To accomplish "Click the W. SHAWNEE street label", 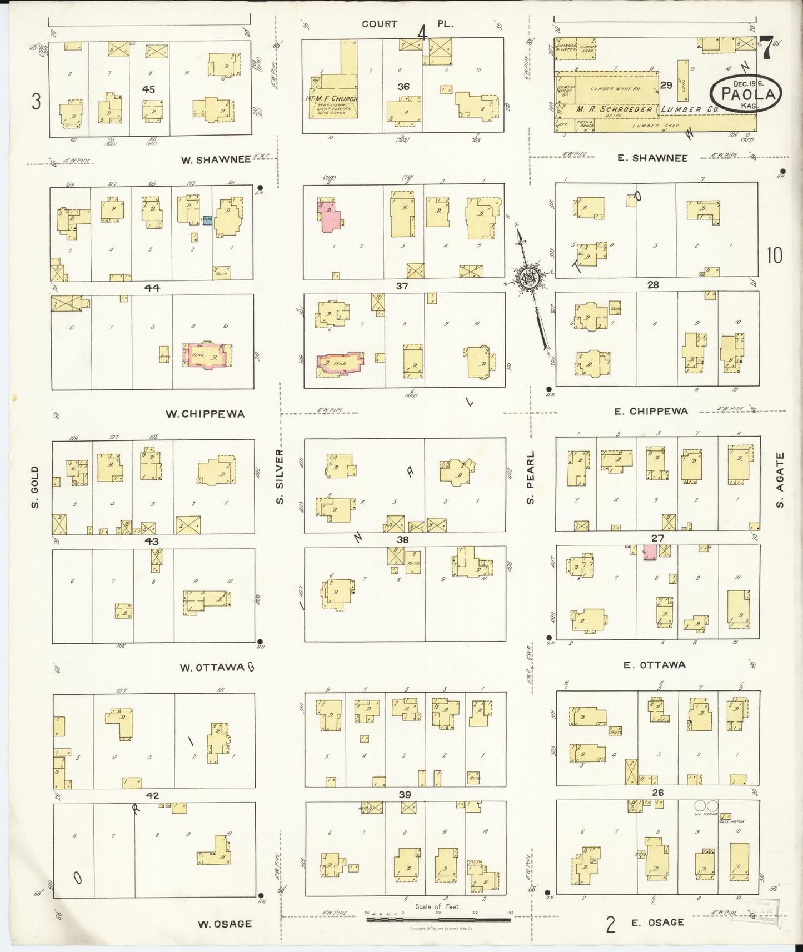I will [x=216, y=159].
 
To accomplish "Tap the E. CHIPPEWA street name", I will [x=651, y=412].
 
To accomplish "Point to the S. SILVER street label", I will [x=280, y=477].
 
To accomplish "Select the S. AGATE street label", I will [x=780, y=480].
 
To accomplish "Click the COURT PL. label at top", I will [x=407, y=24].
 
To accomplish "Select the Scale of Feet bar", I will [x=438, y=920].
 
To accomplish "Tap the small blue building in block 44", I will [x=207, y=220].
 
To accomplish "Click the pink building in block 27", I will [x=649, y=552].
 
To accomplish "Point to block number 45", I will [x=148, y=89].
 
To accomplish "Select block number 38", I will [x=403, y=539].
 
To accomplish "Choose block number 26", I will [x=657, y=793].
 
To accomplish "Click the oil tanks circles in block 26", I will [x=706, y=806].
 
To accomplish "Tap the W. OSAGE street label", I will [x=225, y=924].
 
